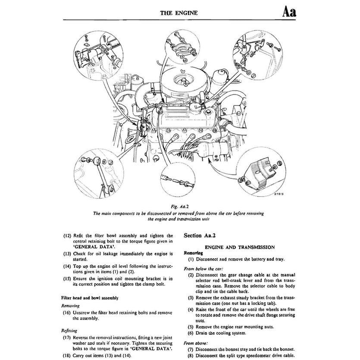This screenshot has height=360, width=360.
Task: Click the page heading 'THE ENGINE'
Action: tap(179, 13)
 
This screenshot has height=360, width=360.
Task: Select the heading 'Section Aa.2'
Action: tap(203, 236)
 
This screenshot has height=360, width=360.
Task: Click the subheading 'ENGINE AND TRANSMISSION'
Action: tap(240, 247)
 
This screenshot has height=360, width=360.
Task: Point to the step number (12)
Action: tap(67, 236)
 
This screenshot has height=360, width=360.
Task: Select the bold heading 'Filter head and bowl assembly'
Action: tap(90, 297)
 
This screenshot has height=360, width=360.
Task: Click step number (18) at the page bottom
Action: tap(67, 356)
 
